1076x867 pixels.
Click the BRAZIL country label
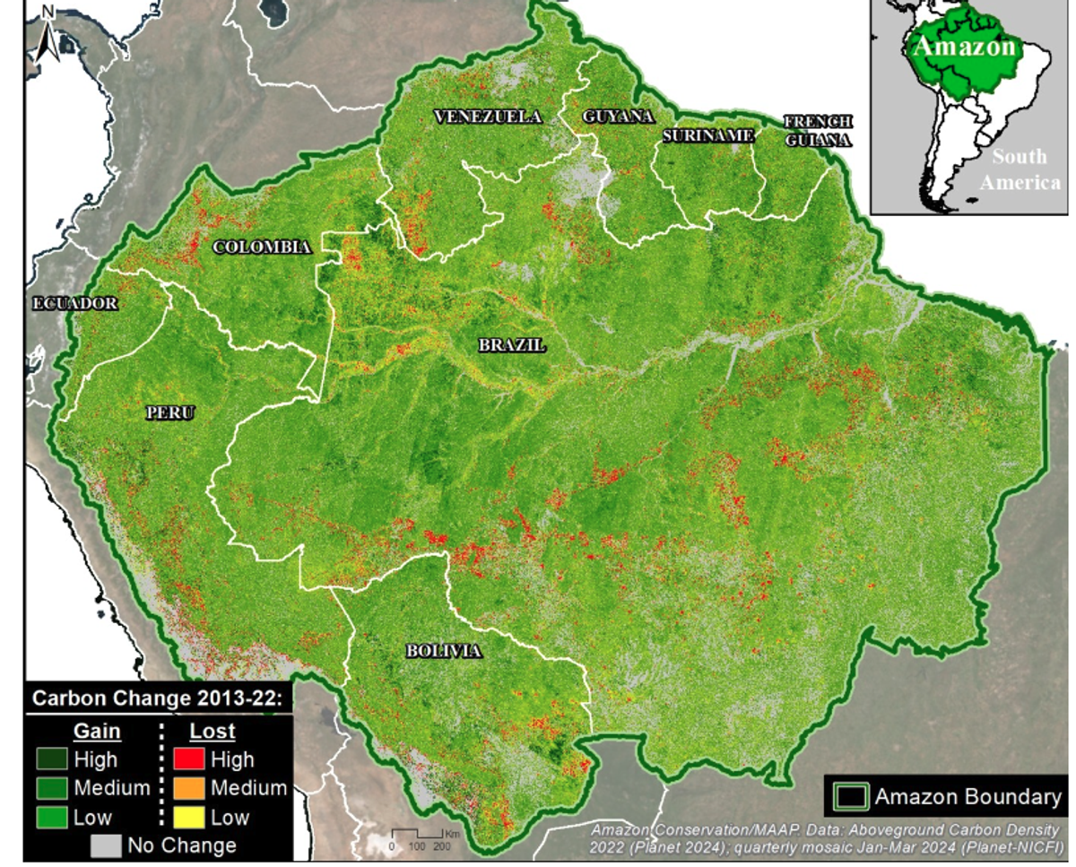click(x=511, y=345)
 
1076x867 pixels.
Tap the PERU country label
click(x=170, y=413)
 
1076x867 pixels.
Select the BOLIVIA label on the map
click(x=443, y=651)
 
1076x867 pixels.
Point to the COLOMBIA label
click(x=262, y=247)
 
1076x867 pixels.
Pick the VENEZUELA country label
click(x=488, y=117)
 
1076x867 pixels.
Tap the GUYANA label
click(x=618, y=117)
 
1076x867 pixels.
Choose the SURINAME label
click(x=708, y=135)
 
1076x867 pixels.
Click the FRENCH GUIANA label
click(x=818, y=130)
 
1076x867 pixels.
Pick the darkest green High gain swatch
click(x=52, y=760)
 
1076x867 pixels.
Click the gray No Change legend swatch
click(x=106, y=845)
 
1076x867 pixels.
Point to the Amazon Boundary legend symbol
click(x=850, y=796)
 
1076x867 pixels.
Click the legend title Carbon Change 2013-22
click(x=157, y=698)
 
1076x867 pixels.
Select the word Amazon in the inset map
click(x=964, y=47)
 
